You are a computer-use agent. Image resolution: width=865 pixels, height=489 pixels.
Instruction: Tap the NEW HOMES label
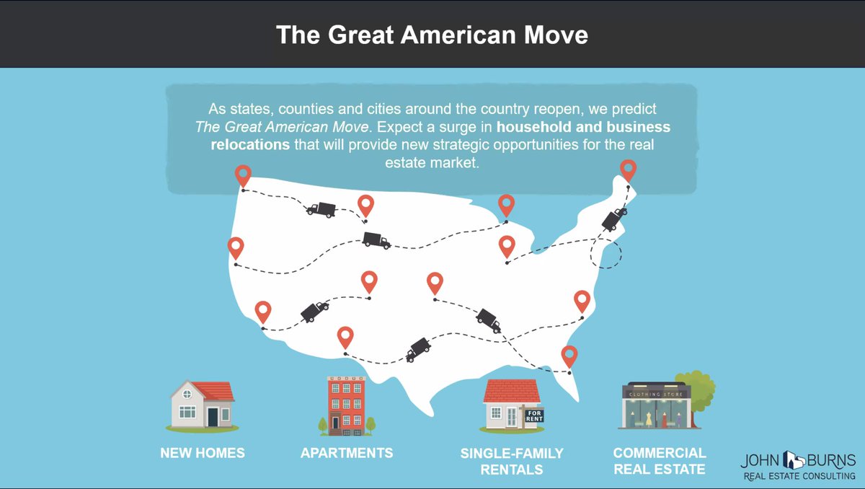tap(203, 453)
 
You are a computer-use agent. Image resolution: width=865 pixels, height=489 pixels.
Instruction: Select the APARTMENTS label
tap(347, 453)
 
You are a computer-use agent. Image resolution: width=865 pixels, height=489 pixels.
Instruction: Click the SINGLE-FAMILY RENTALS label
tap(512, 462)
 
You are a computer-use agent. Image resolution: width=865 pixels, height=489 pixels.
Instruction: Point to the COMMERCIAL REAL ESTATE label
tap(660, 462)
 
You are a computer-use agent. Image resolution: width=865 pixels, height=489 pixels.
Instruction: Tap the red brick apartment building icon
tap(346, 405)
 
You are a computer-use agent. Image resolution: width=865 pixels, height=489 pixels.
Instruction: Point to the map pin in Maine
tap(629, 170)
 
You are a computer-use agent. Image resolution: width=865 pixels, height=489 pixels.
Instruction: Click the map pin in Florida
tap(569, 356)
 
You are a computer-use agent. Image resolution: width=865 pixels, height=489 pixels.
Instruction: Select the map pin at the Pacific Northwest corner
tap(244, 175)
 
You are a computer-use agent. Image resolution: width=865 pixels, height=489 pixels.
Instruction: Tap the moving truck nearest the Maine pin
tap(614, 217)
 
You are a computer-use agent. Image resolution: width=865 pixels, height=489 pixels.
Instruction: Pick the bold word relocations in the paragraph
tap(249, 144)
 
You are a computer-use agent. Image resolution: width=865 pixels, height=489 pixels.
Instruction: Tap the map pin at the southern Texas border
tap(346, 337)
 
